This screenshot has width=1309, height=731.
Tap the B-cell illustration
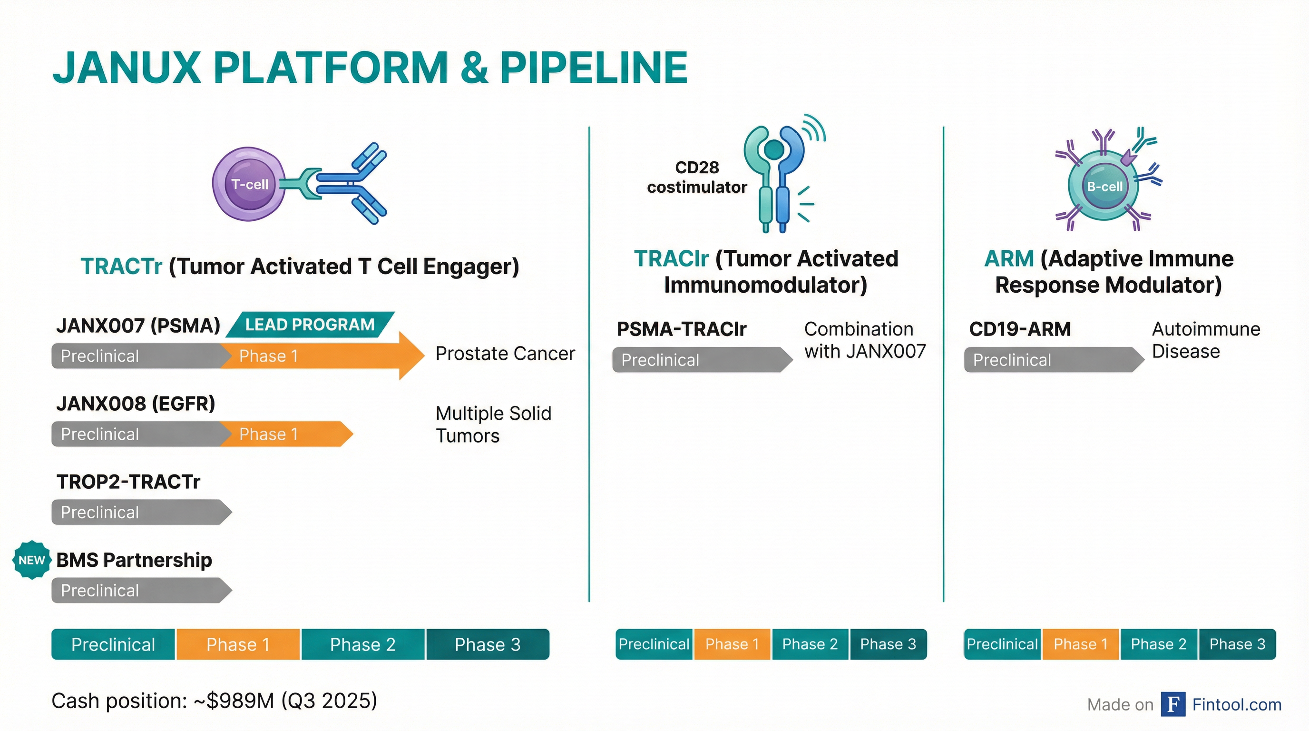(1104, 186)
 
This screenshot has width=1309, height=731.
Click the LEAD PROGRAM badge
(310, 324)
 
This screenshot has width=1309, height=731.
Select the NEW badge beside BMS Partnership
(31, 560)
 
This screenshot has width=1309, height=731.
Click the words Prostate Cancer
(505, 353)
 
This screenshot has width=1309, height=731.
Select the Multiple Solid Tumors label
(493, 425)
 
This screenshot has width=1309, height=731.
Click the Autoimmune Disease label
(1206, 340)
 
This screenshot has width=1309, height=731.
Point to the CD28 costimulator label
(697, 178)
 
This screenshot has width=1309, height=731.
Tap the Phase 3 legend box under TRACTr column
(488, 644)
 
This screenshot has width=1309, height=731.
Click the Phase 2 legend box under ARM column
(1159, 644)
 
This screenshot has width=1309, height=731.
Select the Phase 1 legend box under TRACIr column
(732, 644)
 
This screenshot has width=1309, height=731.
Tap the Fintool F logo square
(1173, 704)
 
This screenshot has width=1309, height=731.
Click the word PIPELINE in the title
(594, 68)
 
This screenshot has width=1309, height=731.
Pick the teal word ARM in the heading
(1009, 259)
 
